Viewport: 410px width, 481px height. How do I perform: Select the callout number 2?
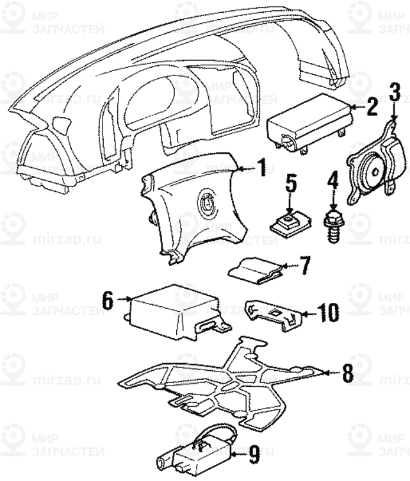[372, 108]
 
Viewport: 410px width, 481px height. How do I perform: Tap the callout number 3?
[395, 94]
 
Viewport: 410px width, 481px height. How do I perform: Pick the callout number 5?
[291, 184]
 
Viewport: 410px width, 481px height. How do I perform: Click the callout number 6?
[108, 298]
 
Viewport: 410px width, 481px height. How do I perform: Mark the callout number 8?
[347, 372]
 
